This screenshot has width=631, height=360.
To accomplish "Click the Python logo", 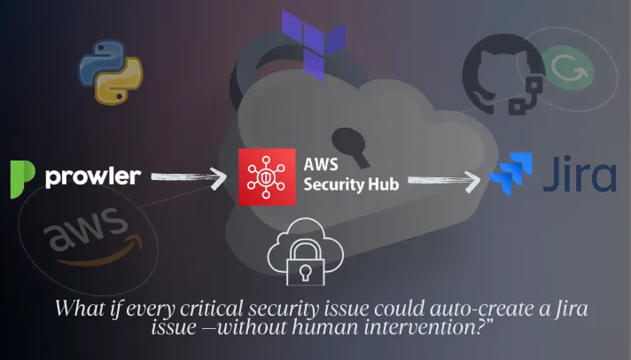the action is click(x=110, y=72).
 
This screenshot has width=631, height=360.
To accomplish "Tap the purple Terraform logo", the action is click(x=314, y=44).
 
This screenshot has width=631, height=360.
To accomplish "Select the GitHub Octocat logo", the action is click(x=503, y=74).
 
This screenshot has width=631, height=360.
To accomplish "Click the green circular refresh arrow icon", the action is click(x=569, y=67).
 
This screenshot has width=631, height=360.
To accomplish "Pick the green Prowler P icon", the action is click(x=22, y=179).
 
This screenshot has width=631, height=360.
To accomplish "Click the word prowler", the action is click(x=93, y=177).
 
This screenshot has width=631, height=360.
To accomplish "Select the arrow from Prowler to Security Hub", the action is click(x=188, y=178).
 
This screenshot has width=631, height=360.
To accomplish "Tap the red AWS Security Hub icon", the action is click(x=267, y=177).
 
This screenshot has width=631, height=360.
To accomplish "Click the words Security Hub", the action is click(x=351, y=184).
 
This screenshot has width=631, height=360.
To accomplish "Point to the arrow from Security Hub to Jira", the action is click(x=444, y=181).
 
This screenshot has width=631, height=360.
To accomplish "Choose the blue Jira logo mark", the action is click(x=511, y=174).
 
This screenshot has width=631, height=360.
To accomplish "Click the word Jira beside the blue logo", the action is click(x=580, y=174).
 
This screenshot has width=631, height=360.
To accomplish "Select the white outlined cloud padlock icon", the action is click(x=306, y=252).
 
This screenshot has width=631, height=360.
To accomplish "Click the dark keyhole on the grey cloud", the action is click(x=350, y=146).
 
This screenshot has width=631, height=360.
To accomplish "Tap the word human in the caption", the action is click(x=325, y=327).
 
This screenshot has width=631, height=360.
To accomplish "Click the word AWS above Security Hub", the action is click(x=321, y=165).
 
